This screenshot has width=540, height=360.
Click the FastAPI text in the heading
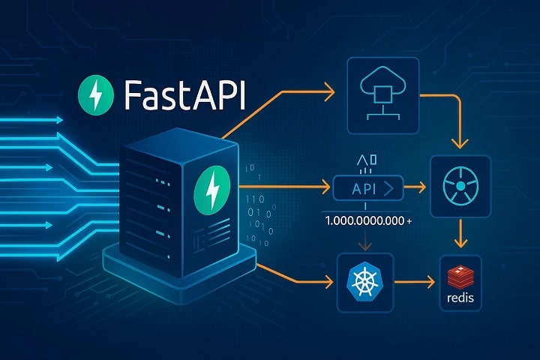[184, 94]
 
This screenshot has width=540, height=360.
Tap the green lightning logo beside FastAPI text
[96, 94]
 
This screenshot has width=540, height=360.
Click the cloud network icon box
[383, 95]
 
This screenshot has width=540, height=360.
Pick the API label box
[367, 188]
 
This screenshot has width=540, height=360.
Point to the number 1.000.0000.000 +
[368, 220]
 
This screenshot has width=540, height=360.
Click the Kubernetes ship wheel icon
[364, 281]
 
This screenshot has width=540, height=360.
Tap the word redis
[460, 297]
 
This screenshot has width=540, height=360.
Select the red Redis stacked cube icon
[460, 277]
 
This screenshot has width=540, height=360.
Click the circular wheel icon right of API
[460, 186]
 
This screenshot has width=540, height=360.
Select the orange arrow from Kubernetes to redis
[415, 282]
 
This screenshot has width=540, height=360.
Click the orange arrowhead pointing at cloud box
[330, 92]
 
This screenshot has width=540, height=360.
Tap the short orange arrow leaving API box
[415, 187]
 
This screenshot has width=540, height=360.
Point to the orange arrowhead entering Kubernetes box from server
[329, 282]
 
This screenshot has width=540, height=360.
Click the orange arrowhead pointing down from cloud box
[460, 143]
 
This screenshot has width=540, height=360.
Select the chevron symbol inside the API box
[389, 189]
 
